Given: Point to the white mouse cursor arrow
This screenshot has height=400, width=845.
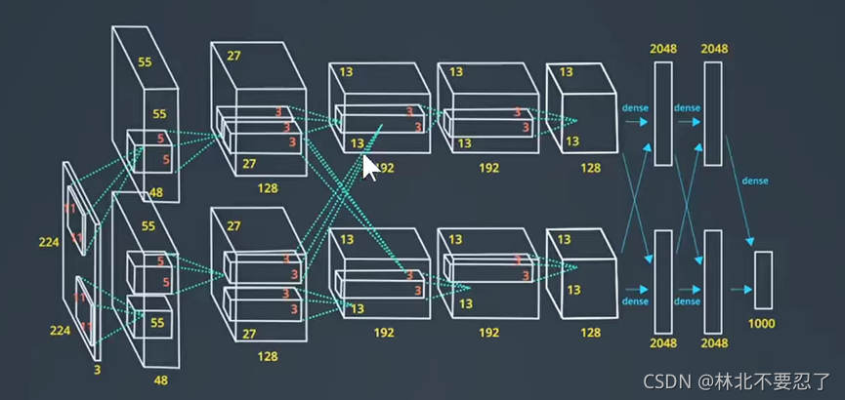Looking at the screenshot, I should pyautogui.click(x=370, y=167).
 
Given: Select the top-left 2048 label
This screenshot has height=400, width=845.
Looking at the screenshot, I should pyautogui.click(x=662, y=48).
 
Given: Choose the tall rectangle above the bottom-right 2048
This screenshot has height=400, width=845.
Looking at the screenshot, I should pyautogui.click(x=712, y=278).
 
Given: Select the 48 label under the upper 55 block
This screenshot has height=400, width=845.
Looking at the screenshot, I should pyautogui.click(x=156, y=193).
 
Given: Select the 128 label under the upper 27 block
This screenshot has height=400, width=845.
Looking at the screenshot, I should pyautogui.click(x=267, y=186).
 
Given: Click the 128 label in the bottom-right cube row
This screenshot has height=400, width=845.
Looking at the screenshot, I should pyautogui.click(x=590, y=333).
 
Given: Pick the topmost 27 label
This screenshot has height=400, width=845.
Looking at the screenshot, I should pyautogui.click(x=232, y=56).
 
